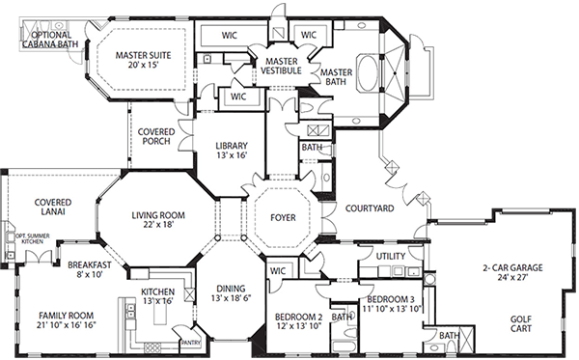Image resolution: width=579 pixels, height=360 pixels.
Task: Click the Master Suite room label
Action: click(x=143, y=61)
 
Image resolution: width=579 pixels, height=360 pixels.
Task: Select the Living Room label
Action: click(x=158, y=219)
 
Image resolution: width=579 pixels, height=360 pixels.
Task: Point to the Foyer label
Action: click(x=283, y=218)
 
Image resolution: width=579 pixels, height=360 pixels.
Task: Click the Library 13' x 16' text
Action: click(x=231, y=151)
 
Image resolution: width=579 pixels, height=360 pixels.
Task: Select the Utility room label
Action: click(x=390, y=258)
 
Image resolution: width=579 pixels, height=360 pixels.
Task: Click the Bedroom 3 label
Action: click(x=395, y=304)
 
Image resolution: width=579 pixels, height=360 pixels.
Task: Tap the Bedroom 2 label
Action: click(x=297, y=321)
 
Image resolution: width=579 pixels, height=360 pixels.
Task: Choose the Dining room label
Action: click(x=231, y=293)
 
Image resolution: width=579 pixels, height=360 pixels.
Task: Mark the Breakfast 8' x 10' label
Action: click(x=90, y=269)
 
